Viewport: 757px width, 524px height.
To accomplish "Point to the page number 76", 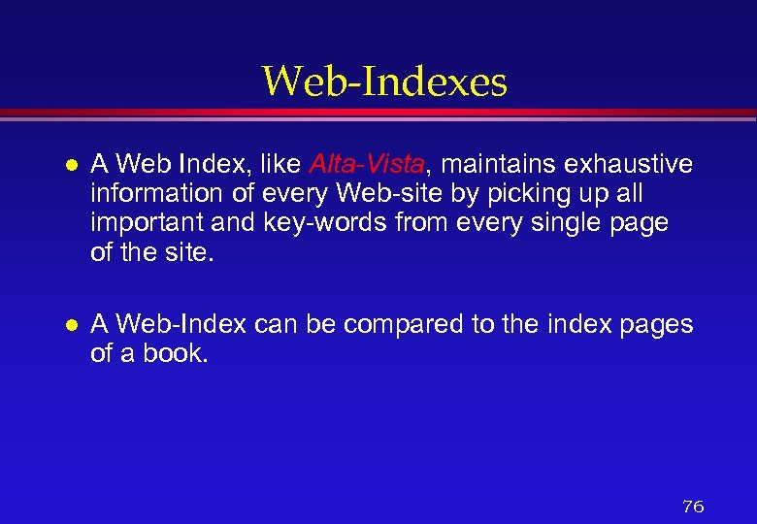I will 693,507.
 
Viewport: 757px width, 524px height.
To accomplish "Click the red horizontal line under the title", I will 378,114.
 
